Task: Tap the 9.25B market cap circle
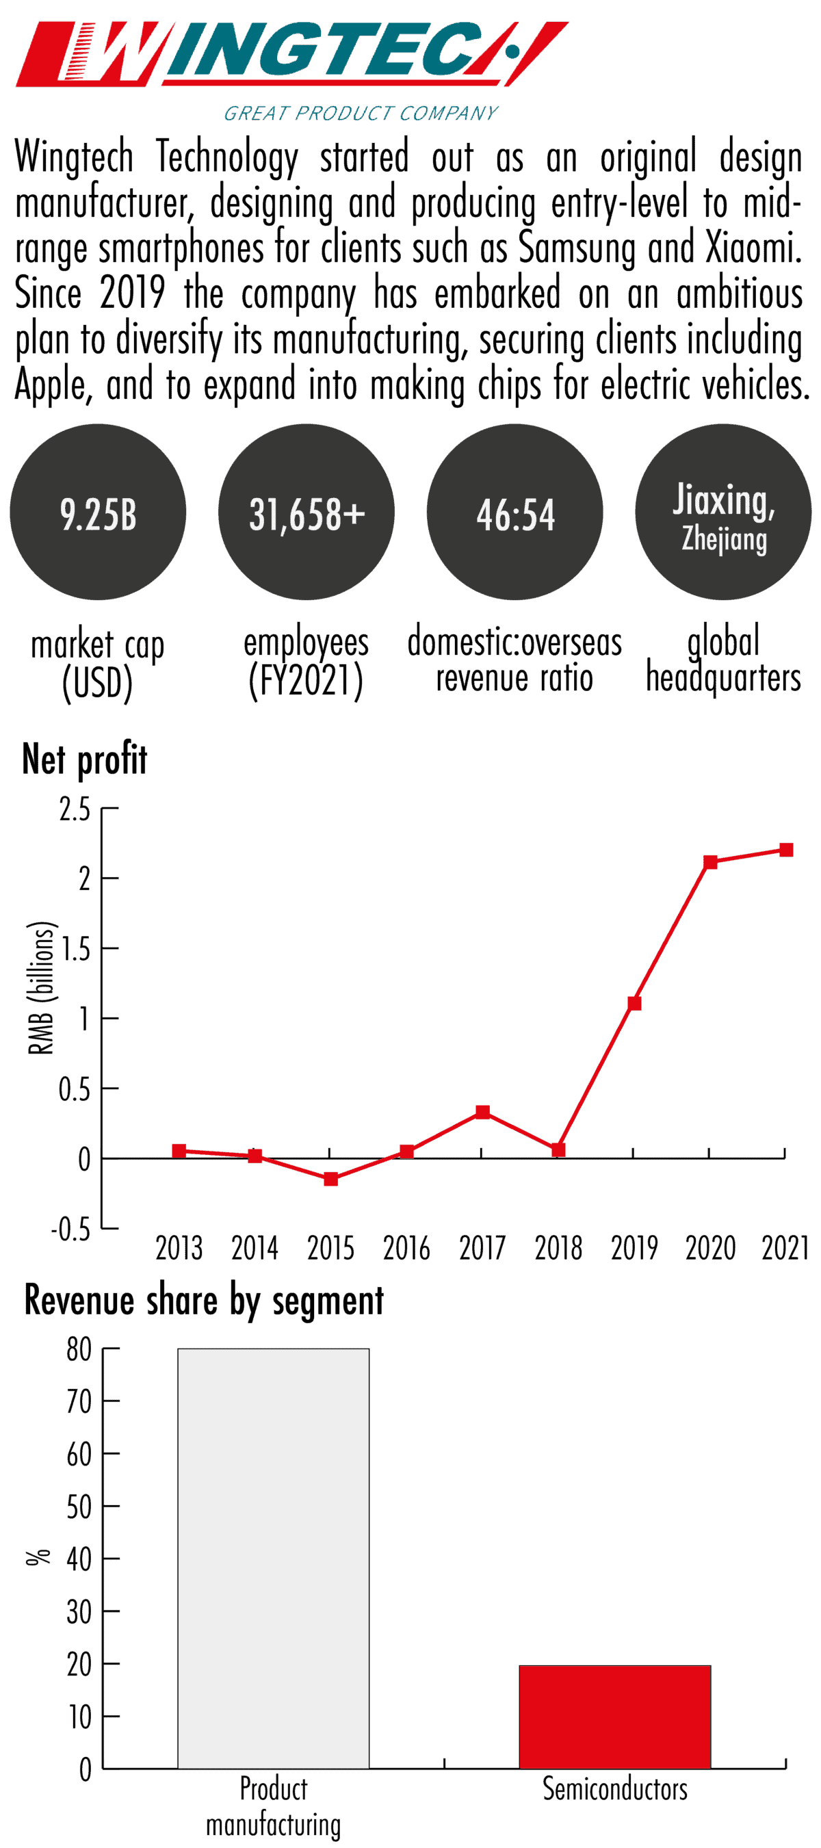98,512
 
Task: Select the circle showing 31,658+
307,512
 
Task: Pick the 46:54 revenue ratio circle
514,512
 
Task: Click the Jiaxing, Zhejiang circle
722,512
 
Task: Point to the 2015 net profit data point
331,1180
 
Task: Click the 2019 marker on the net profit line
634,1004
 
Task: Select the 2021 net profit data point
786,850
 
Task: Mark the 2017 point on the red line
482,1112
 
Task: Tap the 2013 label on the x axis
179,1248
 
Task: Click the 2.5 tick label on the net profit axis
75,810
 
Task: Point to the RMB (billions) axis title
41,988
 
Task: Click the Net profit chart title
85,759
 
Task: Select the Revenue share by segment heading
204,1301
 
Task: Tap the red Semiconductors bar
615,1717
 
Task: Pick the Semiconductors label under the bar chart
615,1789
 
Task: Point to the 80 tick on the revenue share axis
79,1349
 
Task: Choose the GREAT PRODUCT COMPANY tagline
361,114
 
